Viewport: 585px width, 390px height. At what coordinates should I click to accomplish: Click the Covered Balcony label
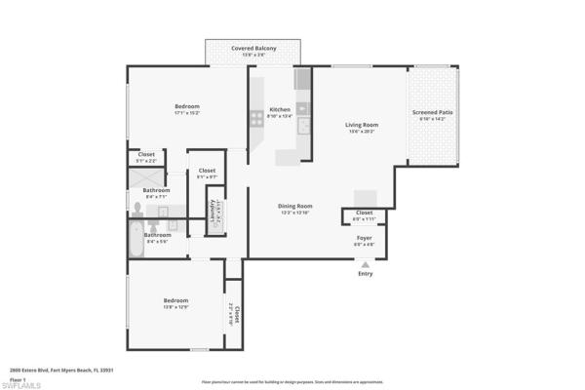point(253,48)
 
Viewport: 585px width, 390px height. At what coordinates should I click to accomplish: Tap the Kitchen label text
point(280,110)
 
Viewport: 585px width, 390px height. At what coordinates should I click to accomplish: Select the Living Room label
point(361,125)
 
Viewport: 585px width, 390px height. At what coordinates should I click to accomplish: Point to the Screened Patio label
point(432,113)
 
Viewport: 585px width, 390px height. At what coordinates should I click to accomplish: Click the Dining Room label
point(294,206)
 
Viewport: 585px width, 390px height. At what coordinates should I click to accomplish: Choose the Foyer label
point(364,236)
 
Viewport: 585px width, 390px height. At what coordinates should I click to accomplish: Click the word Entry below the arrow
point(365,274)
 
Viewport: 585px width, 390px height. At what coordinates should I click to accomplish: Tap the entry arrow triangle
point(365,263)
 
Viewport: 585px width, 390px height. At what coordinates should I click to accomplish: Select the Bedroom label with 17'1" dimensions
point(187,106)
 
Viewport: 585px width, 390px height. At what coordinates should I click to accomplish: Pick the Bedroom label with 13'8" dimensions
point(175,300)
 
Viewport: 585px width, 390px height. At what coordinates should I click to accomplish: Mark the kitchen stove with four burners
point(257,119)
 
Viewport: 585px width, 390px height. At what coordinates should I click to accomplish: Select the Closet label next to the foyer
point(364,213)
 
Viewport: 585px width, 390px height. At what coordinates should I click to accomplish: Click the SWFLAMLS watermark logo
point(21,384)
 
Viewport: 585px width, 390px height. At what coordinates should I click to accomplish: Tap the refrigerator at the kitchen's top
point(302,78)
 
